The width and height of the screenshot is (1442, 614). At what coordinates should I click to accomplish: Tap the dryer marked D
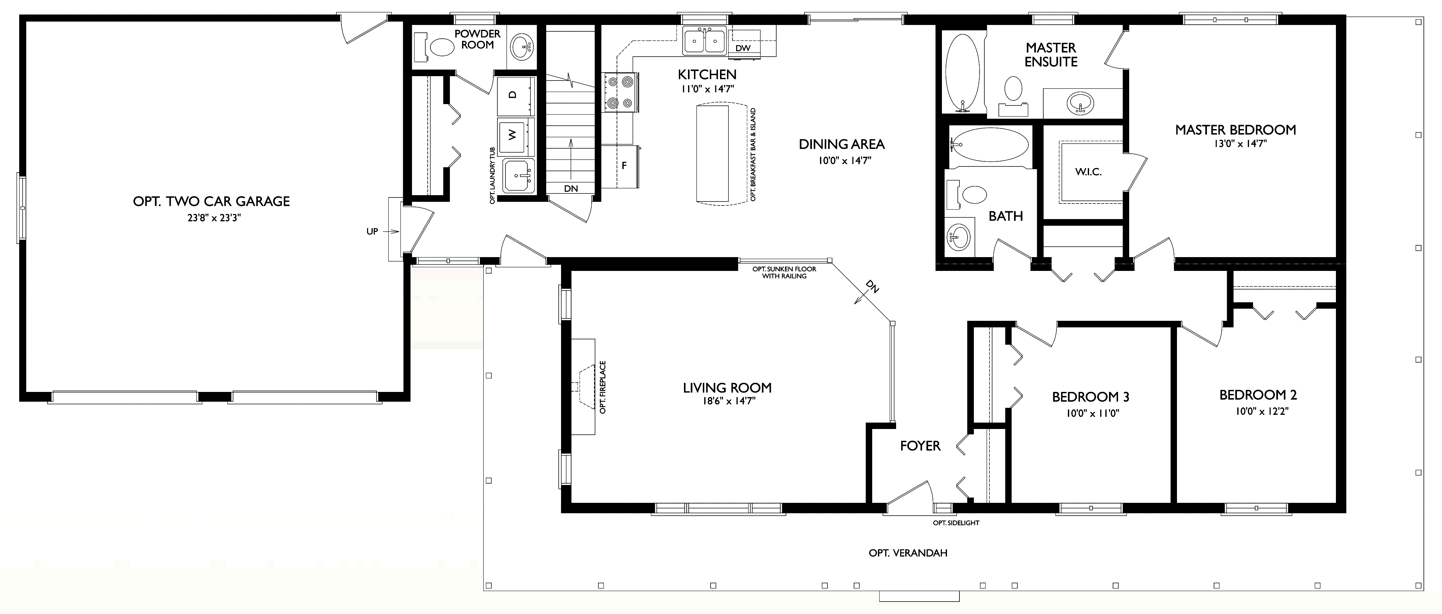(x=515, y=95)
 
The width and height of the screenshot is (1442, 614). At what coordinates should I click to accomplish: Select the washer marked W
(x=515, y=135)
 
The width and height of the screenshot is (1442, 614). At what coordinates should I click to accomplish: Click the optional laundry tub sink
(x=518, y=176)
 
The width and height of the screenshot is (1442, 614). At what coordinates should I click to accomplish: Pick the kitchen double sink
(x=704, y=41)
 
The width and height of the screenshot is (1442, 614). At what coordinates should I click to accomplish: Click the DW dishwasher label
(x=743, y=48)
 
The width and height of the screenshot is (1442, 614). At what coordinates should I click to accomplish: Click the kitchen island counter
(x=712, y=154)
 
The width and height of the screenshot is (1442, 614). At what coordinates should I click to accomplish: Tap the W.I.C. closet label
(x=1088, y=172)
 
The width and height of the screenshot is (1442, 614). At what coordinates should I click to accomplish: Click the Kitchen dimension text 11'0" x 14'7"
(x=707, y=89)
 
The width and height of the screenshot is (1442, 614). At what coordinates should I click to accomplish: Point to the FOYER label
(x=920, y=446)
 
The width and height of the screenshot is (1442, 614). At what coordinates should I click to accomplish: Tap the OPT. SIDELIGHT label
(x=955, y=523)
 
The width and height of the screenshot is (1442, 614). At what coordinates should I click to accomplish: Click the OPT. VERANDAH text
(x=908, y=553)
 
